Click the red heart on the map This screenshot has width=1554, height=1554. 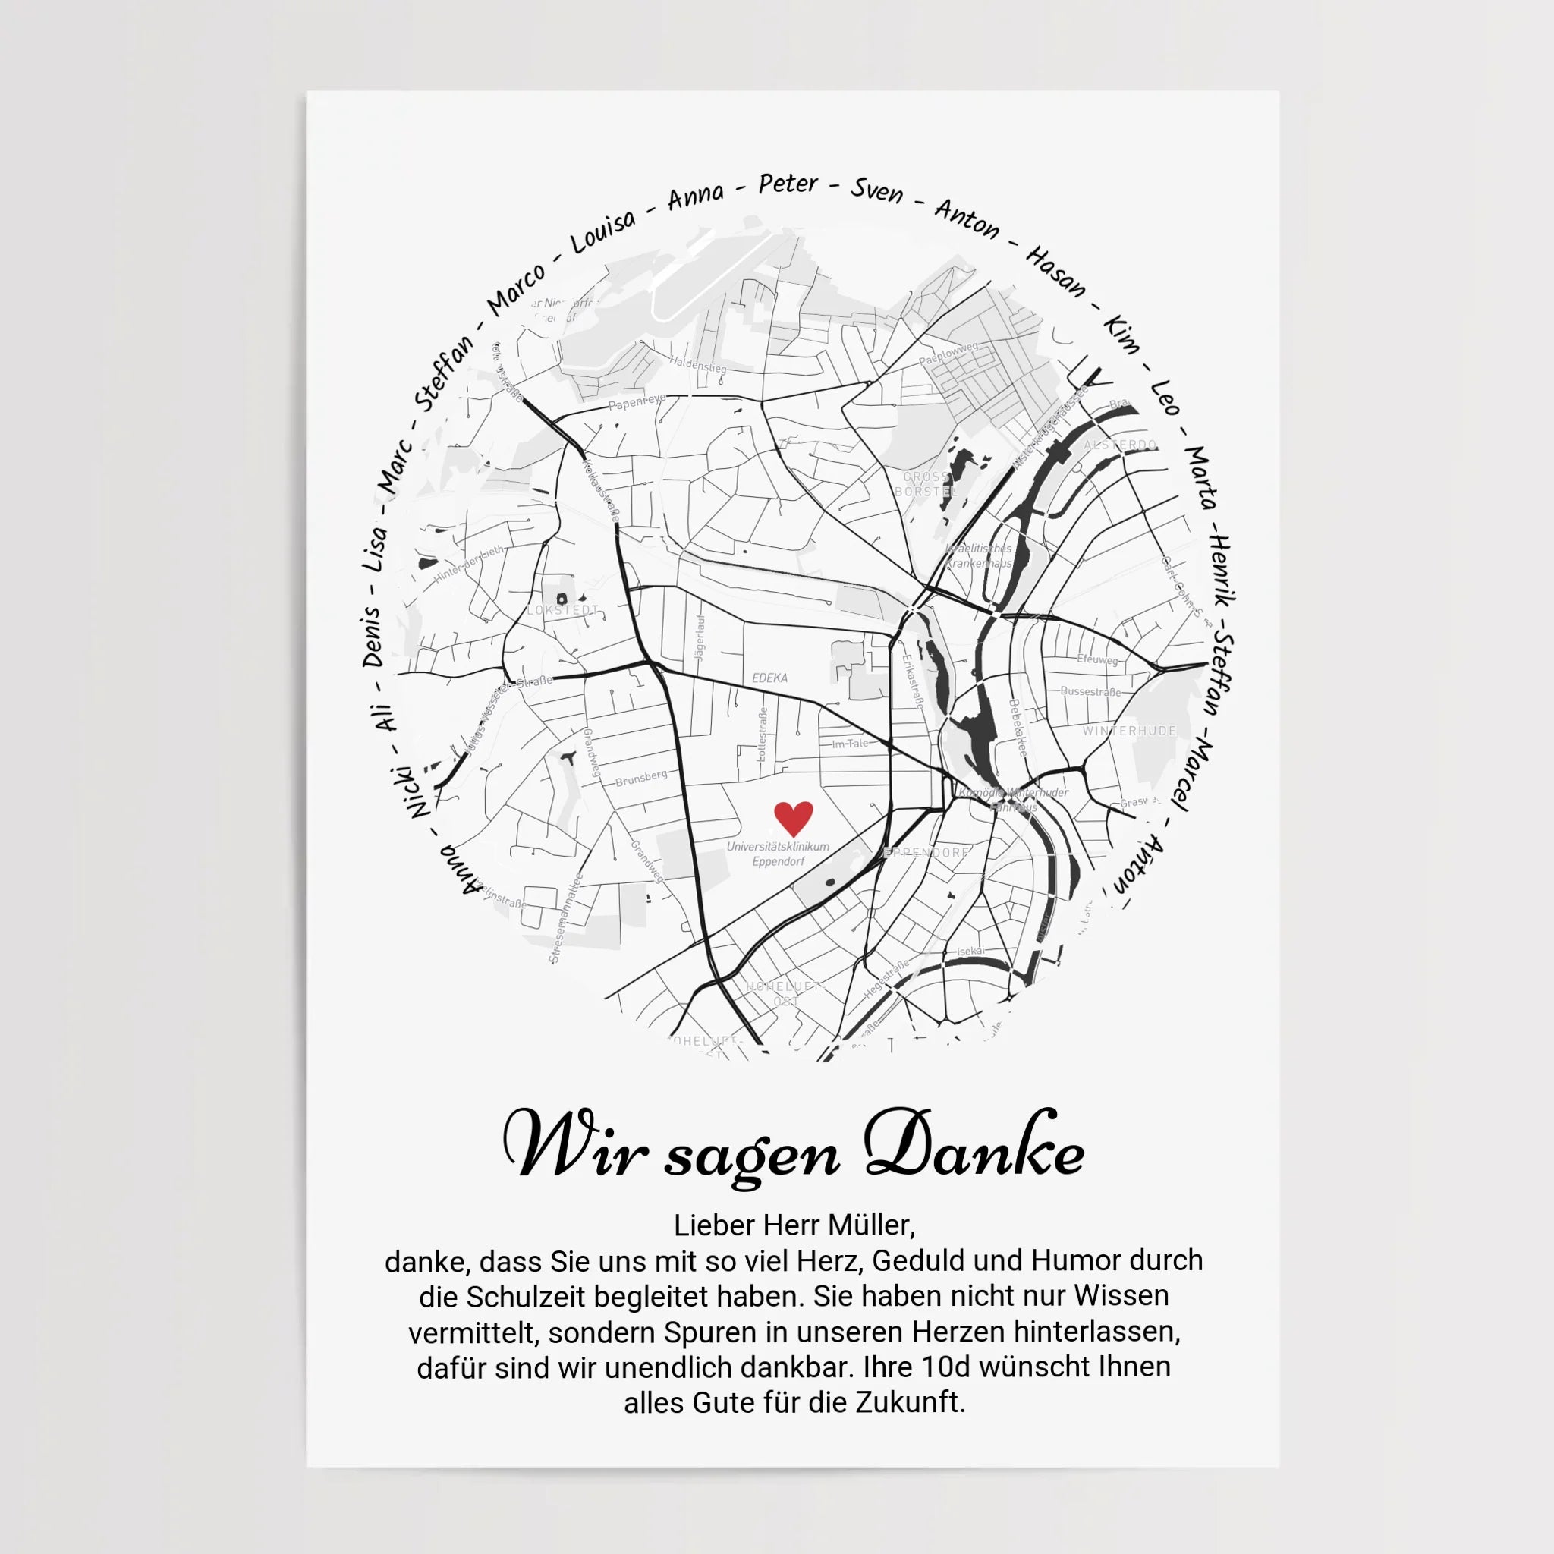(793, 818)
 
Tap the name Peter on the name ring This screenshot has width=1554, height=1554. (788, 184)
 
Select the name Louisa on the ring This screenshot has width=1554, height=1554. (603, 231)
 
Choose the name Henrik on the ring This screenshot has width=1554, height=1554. (1222, 571)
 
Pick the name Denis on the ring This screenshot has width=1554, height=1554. (371, 636)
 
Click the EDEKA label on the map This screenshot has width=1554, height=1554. (769, 678)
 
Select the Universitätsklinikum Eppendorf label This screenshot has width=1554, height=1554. (778, 854)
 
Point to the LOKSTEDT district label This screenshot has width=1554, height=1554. (563, 610)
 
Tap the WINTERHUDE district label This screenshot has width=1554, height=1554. (1129, 731)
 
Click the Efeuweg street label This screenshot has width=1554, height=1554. (1097, 659)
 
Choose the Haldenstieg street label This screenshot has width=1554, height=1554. (697, 365)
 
